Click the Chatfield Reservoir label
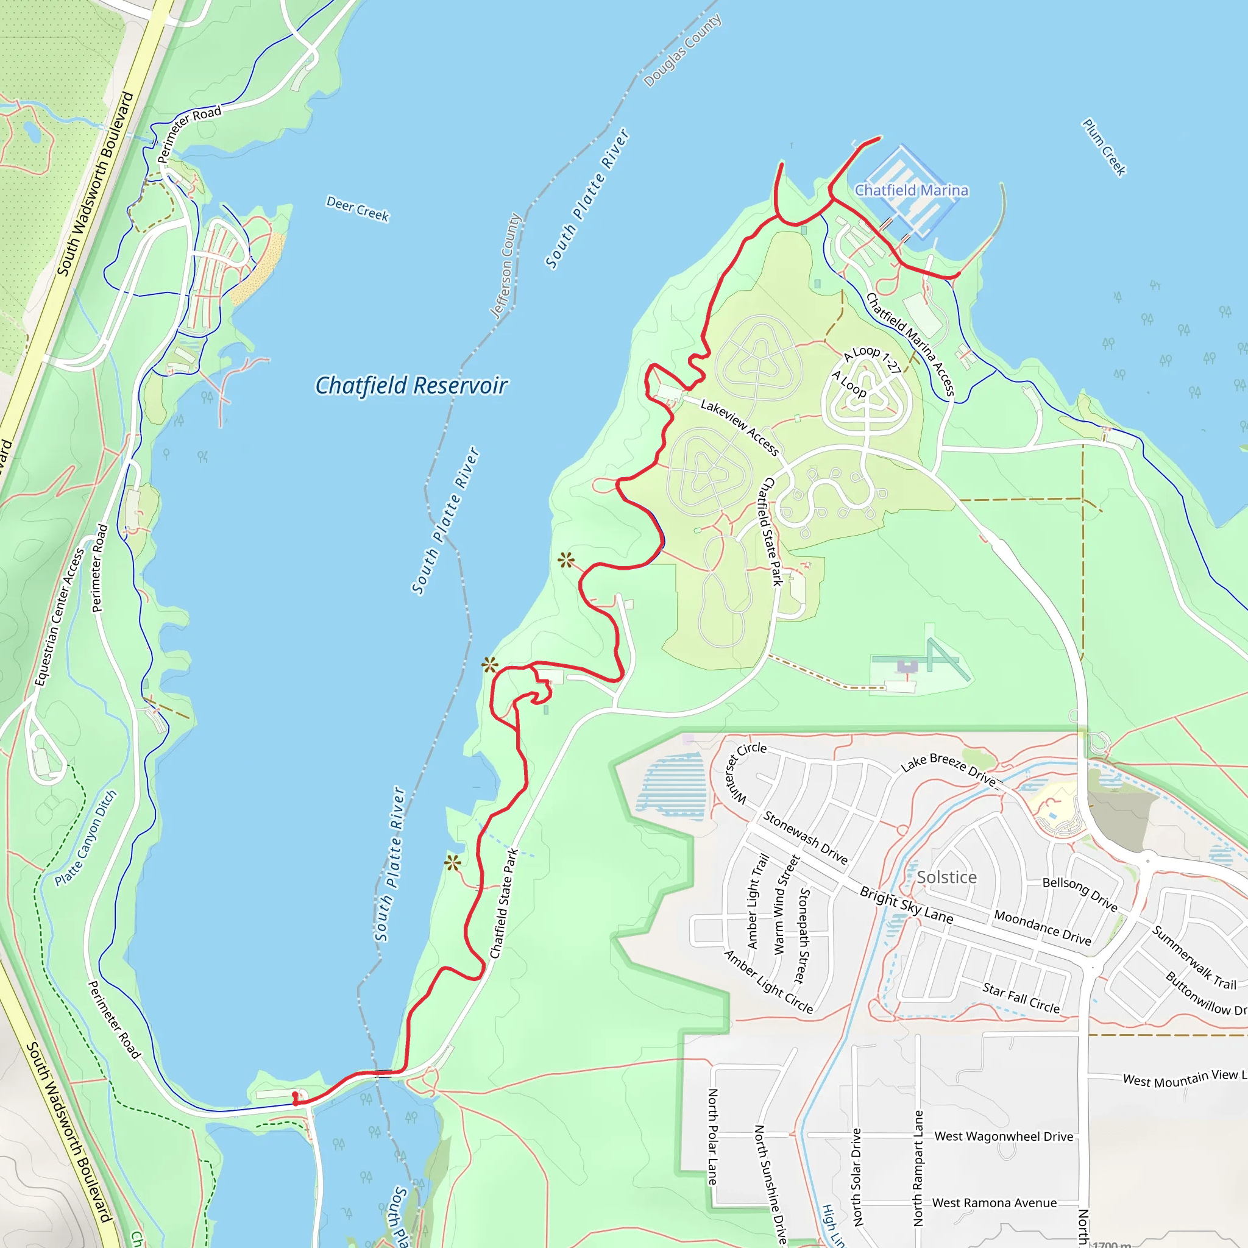411,386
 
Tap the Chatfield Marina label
912,191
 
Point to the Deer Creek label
357,208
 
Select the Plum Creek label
1104,147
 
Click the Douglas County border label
682,51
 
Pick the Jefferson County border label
505,266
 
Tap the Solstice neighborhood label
946,877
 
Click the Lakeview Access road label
740,428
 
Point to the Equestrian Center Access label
60,617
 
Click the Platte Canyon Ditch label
86,838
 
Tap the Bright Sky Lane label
906,905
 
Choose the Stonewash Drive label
805,837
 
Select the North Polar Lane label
712,1137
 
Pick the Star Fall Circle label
1021,998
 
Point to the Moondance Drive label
1042,927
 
